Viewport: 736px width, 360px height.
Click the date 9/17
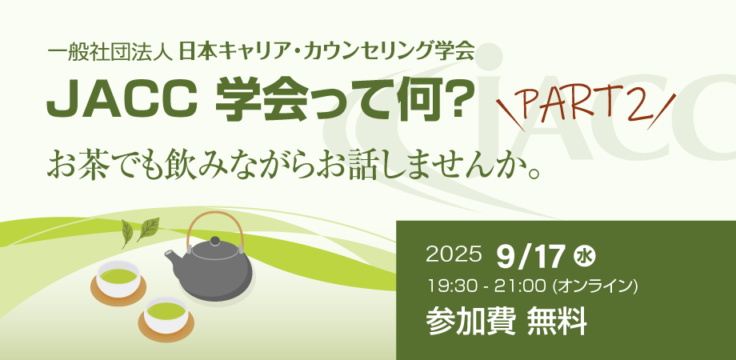[530, 258]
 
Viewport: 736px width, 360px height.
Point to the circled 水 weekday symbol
[584, 258]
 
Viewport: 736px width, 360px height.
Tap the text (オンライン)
[596, 286]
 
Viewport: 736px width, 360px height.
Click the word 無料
[557, 322]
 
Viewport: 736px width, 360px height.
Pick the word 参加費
[471, 322]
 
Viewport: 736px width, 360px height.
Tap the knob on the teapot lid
[215, 242]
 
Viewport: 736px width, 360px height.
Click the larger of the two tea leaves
[148, 230]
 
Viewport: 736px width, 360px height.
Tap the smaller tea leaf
[127, 234]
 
